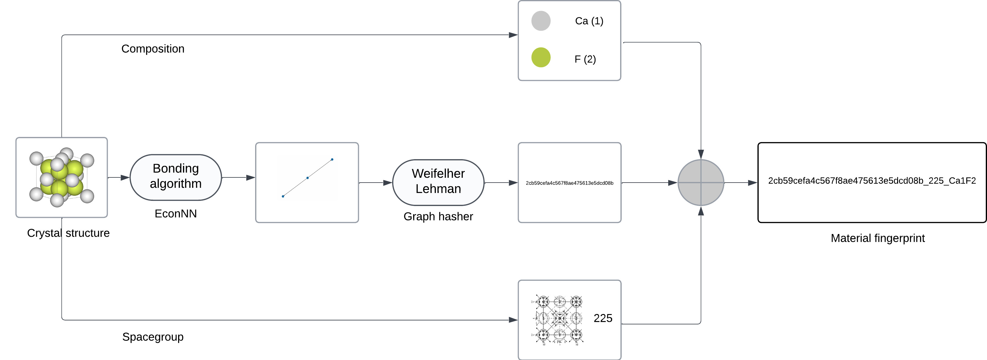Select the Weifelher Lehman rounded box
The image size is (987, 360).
click(438, 182)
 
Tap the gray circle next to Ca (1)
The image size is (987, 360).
click(541, 21)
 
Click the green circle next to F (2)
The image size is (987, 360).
click(541, 58)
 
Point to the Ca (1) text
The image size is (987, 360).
click(589, 21)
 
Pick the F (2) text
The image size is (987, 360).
click(585, 59)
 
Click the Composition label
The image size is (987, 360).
click(153, 49)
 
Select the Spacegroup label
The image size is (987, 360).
click(153, 337)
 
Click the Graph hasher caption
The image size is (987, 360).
click(438, 216)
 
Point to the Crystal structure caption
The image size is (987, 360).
click(68, 233)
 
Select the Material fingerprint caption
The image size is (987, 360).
click(877, 238)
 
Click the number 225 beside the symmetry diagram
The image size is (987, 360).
click(603, 318)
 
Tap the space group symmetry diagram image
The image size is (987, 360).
click(559, 319)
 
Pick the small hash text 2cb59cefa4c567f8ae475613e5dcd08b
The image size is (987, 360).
click(569, 183)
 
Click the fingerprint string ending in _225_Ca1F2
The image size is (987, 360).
click(872, 181)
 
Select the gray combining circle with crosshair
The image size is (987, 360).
click(701, 183)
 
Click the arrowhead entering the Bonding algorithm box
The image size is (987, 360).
click(125, 178)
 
